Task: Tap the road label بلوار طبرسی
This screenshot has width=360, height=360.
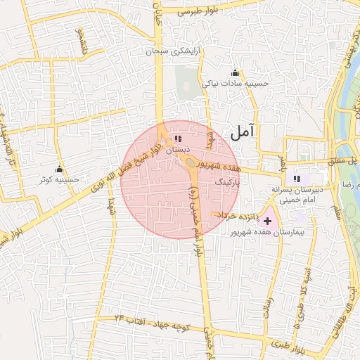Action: click(x=201, y=12)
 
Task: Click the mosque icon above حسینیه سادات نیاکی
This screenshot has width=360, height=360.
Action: click(x=234, y=73)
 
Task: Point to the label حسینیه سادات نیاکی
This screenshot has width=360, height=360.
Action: click(x=236, y=84)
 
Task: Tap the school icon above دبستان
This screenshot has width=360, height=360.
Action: click(x=177, y=139)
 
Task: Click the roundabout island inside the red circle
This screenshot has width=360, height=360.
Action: click(x=191, y=163)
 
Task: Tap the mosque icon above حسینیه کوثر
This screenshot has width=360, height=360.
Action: click(x=59, y=170)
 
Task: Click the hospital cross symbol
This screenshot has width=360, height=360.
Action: click(x=268, y=221)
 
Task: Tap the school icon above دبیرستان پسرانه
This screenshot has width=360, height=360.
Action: click(x=297, y=179)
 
